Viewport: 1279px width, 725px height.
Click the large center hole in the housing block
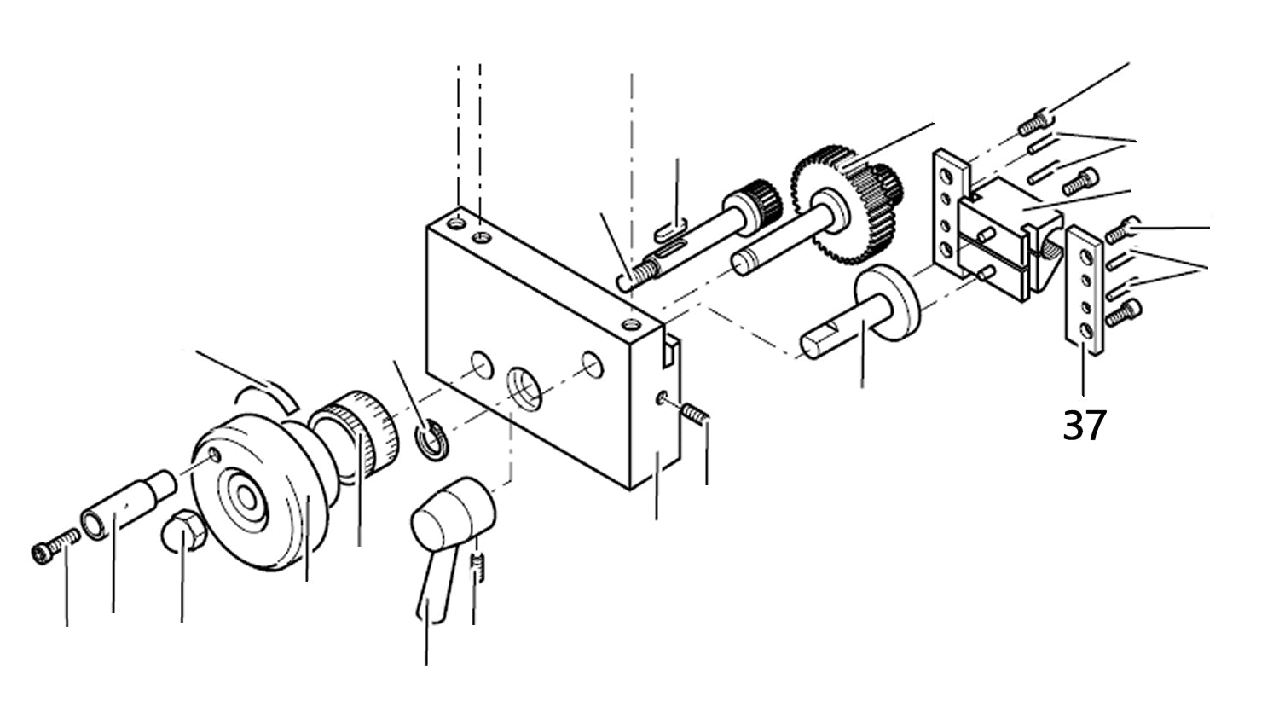(x=524, y=386)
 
